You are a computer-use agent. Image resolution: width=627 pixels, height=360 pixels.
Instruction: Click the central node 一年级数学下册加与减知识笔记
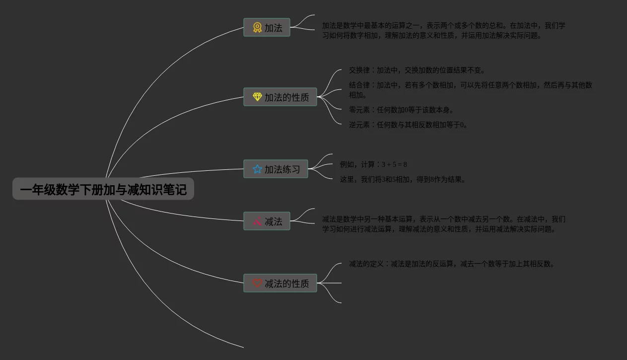click(103, 189)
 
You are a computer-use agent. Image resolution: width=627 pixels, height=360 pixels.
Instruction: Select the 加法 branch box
click(267, 28)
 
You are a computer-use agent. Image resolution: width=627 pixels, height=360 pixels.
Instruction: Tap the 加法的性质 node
click(280, 97)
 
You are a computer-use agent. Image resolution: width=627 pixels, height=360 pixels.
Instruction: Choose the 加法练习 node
click(276, 169)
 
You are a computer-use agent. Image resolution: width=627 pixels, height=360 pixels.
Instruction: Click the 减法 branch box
click(267, 221)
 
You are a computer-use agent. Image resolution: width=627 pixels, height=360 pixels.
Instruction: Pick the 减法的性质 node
click(280, 283)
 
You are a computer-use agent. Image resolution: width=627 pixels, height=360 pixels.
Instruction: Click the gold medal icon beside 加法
click(257, 28)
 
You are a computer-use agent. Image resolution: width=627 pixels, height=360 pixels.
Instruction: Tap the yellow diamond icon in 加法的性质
click(257, 97)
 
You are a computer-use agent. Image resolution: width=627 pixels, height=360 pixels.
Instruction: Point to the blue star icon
click(257, 169)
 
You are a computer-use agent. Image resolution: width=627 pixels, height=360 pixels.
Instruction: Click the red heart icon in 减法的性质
click(257, 283)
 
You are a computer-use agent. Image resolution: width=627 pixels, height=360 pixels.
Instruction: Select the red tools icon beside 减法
click(257, 221)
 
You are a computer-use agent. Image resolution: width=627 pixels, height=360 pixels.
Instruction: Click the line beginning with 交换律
click(417, 70)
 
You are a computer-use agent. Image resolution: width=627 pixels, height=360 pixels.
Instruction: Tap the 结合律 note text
click(470, 90)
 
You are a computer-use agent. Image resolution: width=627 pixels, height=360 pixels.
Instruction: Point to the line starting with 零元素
click(401, 110)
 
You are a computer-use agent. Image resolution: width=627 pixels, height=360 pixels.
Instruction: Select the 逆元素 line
click(408, 125)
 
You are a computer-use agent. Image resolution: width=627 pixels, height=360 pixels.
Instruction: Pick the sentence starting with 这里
click(403, 179)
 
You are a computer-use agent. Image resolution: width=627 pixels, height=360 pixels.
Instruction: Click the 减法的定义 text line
click(451, 264)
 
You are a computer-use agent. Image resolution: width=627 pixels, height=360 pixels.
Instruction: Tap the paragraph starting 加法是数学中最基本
click(443, 30)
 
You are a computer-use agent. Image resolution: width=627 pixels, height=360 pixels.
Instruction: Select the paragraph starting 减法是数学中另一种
click(443, 224)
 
